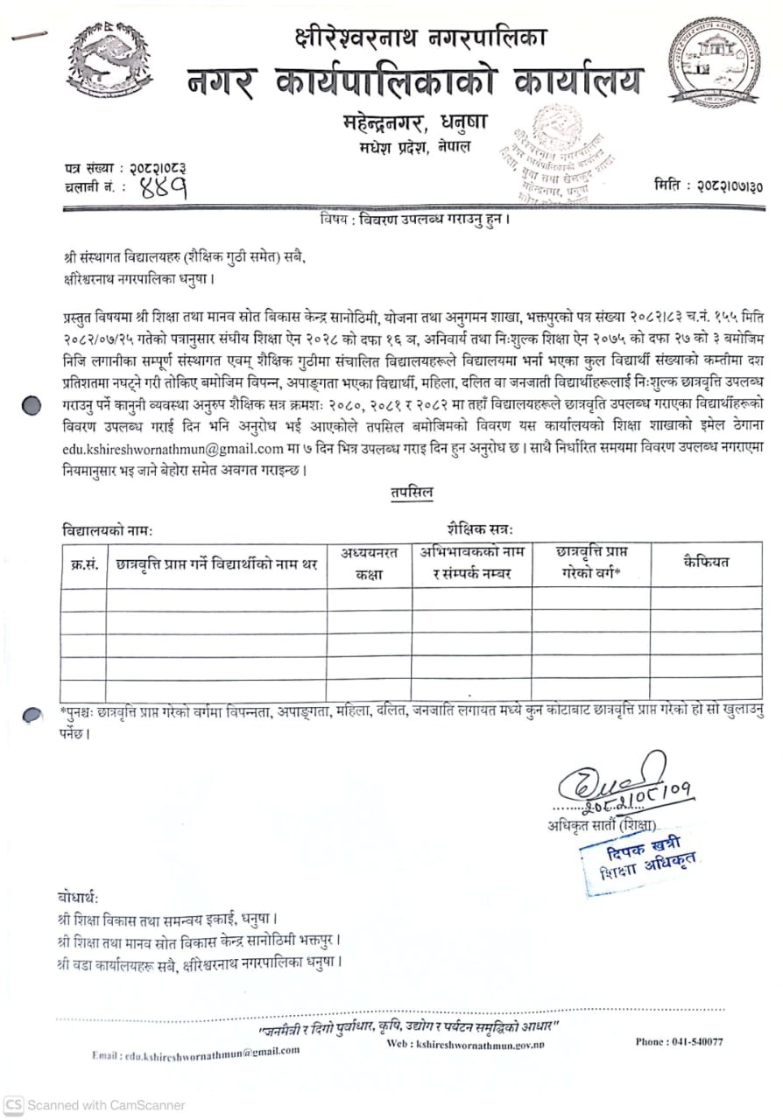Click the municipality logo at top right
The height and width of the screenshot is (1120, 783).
coord(714,62)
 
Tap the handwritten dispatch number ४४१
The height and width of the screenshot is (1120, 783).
coord(163,186)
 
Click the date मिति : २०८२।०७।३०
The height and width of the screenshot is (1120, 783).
coord(708,185)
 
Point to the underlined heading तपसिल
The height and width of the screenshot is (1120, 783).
coord(412,493)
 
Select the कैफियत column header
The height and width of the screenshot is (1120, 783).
coord(705,561)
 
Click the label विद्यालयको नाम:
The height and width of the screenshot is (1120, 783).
coord(108,530)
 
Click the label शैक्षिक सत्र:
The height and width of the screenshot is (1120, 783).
coord(479,529)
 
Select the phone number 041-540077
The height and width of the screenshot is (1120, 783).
coord(679,1041)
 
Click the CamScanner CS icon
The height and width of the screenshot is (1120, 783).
coord(13,1105)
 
